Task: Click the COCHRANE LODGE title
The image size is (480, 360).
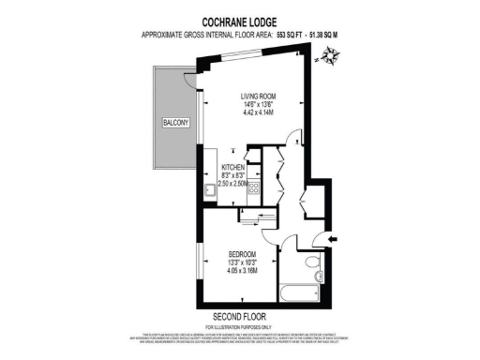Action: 241,19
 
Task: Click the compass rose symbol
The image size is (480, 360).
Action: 330,58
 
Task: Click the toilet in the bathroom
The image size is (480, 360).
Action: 310,265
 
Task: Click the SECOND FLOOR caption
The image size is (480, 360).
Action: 241,315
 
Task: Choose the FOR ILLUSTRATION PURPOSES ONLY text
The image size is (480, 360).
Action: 241,325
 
